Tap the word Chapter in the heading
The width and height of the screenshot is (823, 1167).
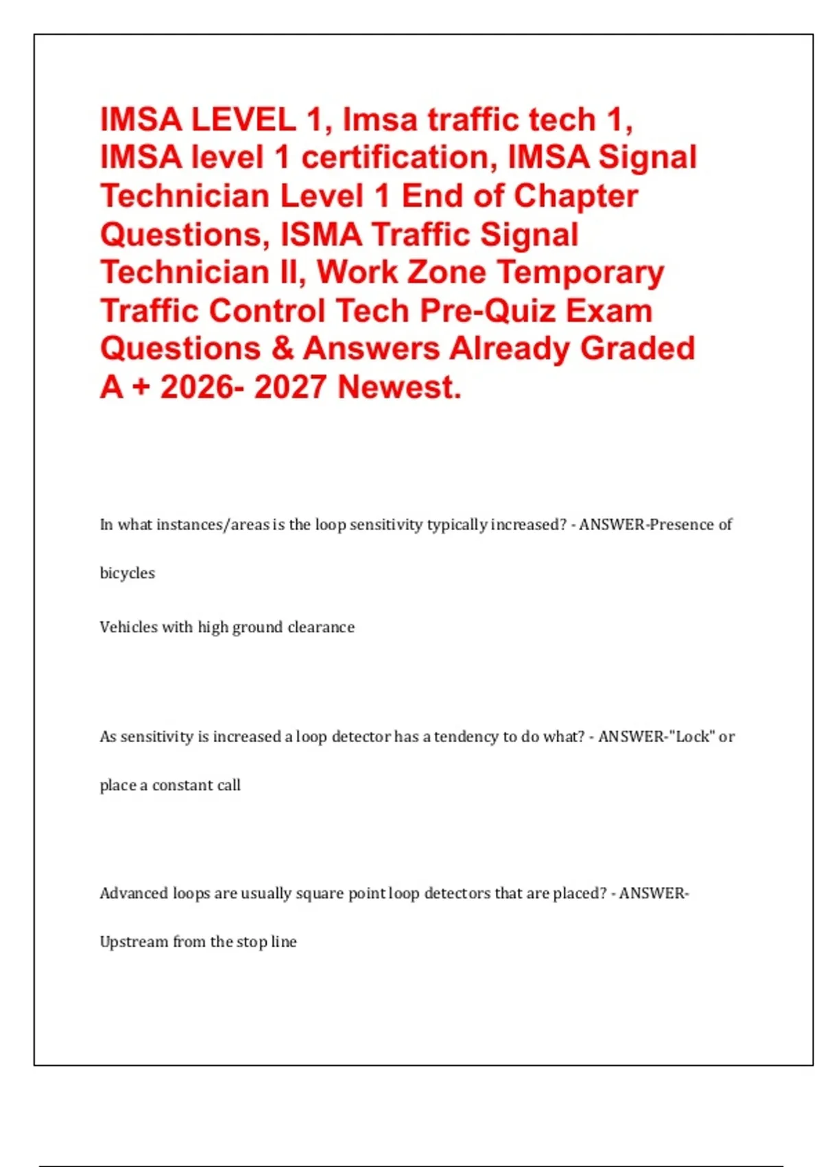point(575,196)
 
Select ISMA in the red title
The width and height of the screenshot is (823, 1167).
point(321,235)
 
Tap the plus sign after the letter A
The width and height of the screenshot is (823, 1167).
point(140,387)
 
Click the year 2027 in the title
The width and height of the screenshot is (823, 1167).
point(290,387)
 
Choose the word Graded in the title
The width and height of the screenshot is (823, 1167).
point(638,349)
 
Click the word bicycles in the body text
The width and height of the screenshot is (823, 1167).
point(128,573)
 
